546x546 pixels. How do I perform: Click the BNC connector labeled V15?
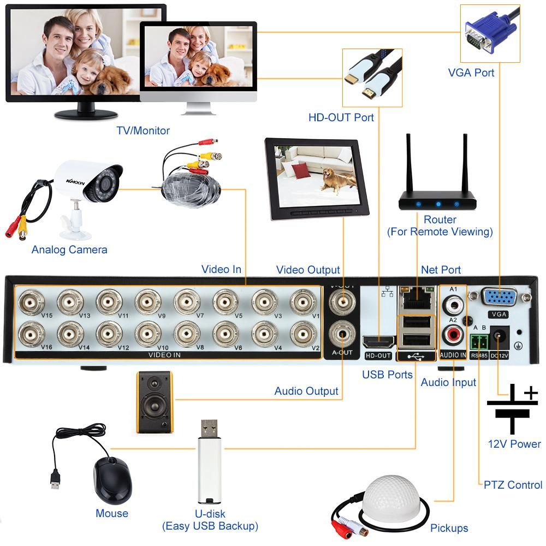31,300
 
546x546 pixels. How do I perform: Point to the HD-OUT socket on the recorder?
378,342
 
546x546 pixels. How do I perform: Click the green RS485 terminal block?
479,341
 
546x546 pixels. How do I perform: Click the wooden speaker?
155,402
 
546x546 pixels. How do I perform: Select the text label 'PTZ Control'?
513,485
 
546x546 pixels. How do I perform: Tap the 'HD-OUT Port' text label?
341,117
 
